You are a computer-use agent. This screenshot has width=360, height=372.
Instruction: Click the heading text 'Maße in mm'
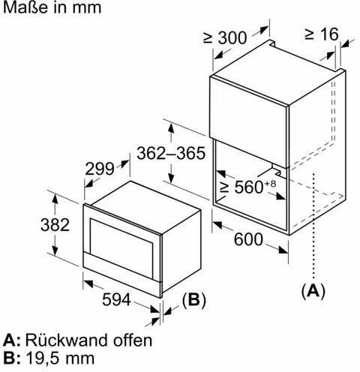[52, 7]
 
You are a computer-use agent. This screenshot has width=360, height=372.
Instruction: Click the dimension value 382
[55, 224]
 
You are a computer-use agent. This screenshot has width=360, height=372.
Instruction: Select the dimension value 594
[116, 299]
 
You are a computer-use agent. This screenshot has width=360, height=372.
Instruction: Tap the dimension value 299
[100, 169]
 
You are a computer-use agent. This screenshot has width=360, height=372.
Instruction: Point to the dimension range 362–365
[171, 153]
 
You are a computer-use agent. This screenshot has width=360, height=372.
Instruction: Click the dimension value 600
[248, 239]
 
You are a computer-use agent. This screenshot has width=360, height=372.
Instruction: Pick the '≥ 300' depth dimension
[225, 37]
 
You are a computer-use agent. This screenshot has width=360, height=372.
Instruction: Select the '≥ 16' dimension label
[322, 34]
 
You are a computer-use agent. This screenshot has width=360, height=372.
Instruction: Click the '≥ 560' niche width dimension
[241, 187]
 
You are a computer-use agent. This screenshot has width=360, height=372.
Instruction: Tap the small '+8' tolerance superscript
[270, 184]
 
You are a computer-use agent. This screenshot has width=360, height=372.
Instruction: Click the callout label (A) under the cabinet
[313, 291]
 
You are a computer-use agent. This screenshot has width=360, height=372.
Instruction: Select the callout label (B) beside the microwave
[194, 299]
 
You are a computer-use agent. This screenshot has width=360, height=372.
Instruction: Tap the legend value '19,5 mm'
[60, 358]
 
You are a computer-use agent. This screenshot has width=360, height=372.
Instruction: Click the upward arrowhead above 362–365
[171, 129]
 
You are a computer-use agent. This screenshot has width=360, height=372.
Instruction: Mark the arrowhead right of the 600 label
[283, 250]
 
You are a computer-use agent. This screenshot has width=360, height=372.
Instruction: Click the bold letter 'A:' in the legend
[11, 340]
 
